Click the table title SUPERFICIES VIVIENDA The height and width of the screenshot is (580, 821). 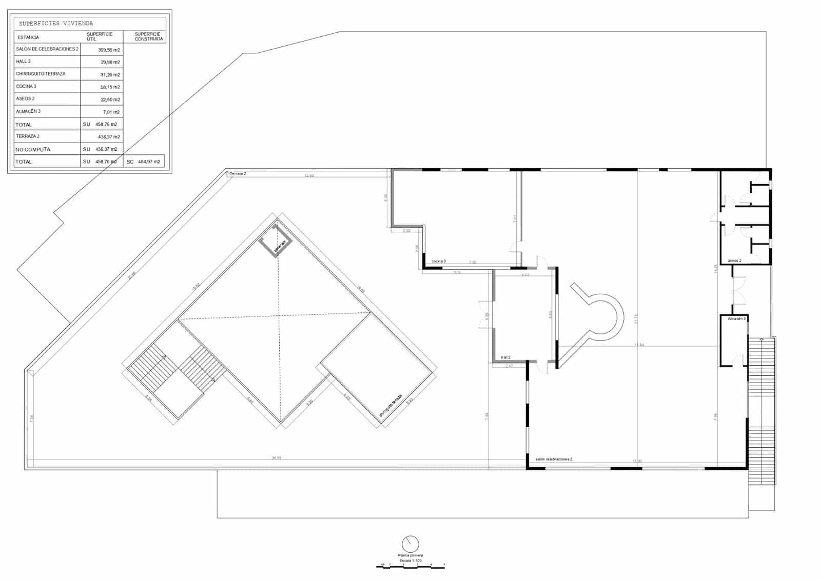point(56,24)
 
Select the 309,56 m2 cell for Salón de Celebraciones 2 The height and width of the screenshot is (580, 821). point(109,50)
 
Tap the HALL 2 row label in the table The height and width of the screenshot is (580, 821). point(24,62)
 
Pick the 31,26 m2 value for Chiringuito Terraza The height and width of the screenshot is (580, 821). point(110,75)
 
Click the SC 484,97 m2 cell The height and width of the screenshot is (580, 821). point(144,162)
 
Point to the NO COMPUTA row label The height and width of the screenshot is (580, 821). point(33,150)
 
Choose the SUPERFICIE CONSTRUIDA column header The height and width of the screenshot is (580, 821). point(149,36)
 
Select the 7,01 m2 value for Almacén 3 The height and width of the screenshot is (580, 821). point(111,112)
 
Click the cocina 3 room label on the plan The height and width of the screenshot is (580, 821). point(439,262)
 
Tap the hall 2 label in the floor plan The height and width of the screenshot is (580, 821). point(505,357)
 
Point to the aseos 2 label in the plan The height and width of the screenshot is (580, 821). point(734,261)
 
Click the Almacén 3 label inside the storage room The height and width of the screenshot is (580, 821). point(737,318)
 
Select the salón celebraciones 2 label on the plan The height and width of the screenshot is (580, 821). point(554,459)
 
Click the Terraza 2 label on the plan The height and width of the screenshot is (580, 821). point(238,174)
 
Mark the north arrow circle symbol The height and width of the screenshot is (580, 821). point(411,544)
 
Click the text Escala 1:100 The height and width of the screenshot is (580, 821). point(411,561)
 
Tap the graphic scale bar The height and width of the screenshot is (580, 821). point(411,566)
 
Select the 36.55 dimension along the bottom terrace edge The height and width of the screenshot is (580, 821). point(277,458)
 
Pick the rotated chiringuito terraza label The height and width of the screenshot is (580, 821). point(389,405)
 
